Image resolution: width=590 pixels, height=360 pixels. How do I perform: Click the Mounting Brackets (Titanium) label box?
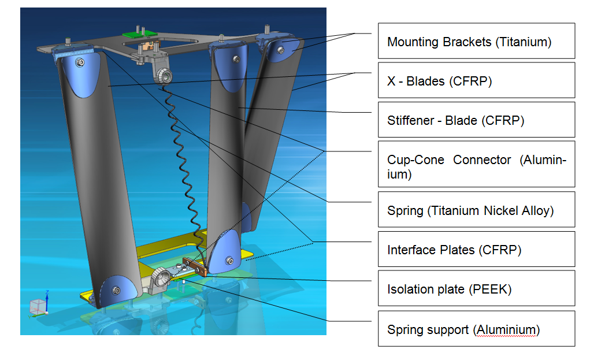click(x=476, y=41)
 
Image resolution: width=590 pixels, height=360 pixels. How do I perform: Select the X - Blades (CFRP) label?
click(x=476, y=80)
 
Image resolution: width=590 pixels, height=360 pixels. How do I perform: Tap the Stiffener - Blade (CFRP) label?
click(x=476, y=120)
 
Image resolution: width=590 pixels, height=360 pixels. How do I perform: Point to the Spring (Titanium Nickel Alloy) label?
click(x=476, y=210)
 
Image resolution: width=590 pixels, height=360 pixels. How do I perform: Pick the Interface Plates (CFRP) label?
click(x=476, y=250)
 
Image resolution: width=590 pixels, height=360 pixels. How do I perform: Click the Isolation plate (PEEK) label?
click(x=476, y=288)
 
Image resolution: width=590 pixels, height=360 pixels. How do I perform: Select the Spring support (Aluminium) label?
click(x=476, y=329)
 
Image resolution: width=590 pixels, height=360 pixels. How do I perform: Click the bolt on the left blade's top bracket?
click(x=80, y=62)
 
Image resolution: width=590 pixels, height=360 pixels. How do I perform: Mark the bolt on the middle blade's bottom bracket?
click(x=230, y=261)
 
